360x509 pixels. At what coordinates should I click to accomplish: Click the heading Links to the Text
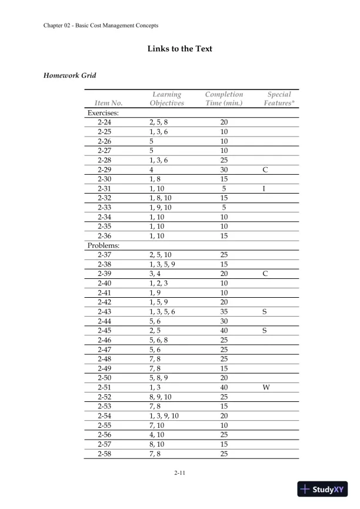click(x=179, y=48)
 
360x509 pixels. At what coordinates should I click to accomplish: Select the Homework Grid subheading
click(x=70, y=75)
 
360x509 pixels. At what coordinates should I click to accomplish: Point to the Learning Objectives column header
click(x=166, y=98)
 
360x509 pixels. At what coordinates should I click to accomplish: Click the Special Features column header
click(x=278, y=98)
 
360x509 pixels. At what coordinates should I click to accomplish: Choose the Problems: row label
click(x=104, y=245)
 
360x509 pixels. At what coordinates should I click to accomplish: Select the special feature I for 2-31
click(x=264, y=188)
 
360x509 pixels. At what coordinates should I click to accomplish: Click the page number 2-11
click(x=181, y=472)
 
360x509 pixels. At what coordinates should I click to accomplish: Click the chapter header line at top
click(x=101, y=25)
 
